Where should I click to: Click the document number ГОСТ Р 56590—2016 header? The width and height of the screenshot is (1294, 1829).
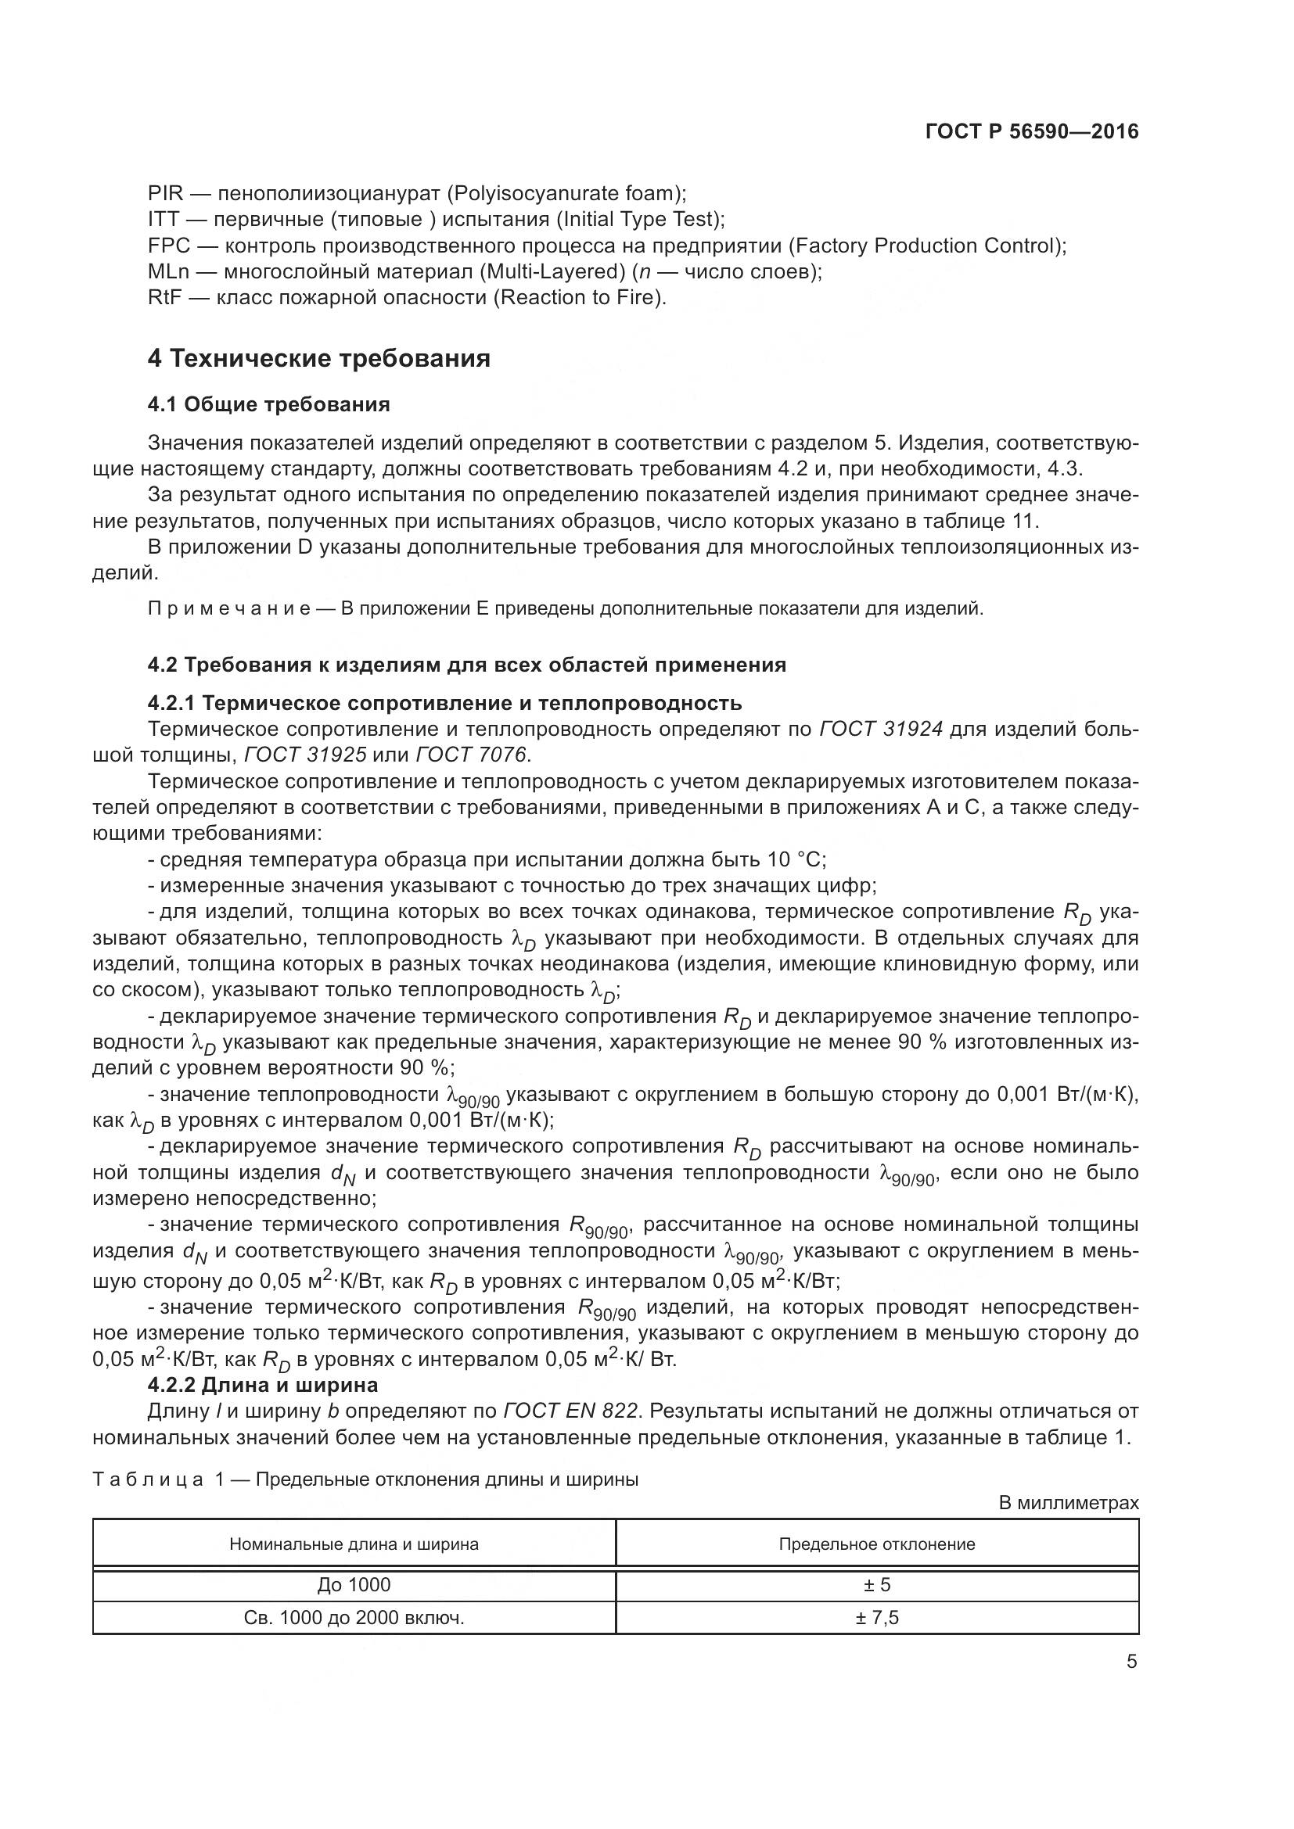tap(1032, 131)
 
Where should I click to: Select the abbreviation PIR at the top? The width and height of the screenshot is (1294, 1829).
tap(165, 194)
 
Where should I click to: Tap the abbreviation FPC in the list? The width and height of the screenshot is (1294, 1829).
tap(168, 246)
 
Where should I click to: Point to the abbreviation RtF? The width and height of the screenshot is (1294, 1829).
tap(165, 298)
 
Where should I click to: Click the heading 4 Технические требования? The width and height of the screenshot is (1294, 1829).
tap(318, 358)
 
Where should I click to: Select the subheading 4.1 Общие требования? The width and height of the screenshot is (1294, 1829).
tap(268, 405)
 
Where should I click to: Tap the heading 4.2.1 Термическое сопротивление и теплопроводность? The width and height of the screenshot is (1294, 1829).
tap(444, 703)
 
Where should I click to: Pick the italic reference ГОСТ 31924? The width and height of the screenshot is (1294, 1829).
tap(880, 729)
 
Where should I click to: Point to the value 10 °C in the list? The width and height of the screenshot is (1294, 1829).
tap(796, 859)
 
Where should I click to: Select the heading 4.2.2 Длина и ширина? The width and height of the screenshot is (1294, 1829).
tap(262, 1385)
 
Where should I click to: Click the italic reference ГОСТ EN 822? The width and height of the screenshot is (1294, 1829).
tap(570, 1411)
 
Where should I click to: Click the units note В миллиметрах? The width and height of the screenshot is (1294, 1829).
tap(1069, 1503)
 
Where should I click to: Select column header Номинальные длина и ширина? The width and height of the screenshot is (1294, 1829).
tap(354, 1544)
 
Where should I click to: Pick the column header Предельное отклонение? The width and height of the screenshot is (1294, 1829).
tap(876, 1544)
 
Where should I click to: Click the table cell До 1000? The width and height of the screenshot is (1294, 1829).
tap(354, 1584)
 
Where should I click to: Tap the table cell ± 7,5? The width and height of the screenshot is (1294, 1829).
tap(876, 1618)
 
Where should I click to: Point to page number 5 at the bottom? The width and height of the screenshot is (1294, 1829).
tap(1131, 1662)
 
